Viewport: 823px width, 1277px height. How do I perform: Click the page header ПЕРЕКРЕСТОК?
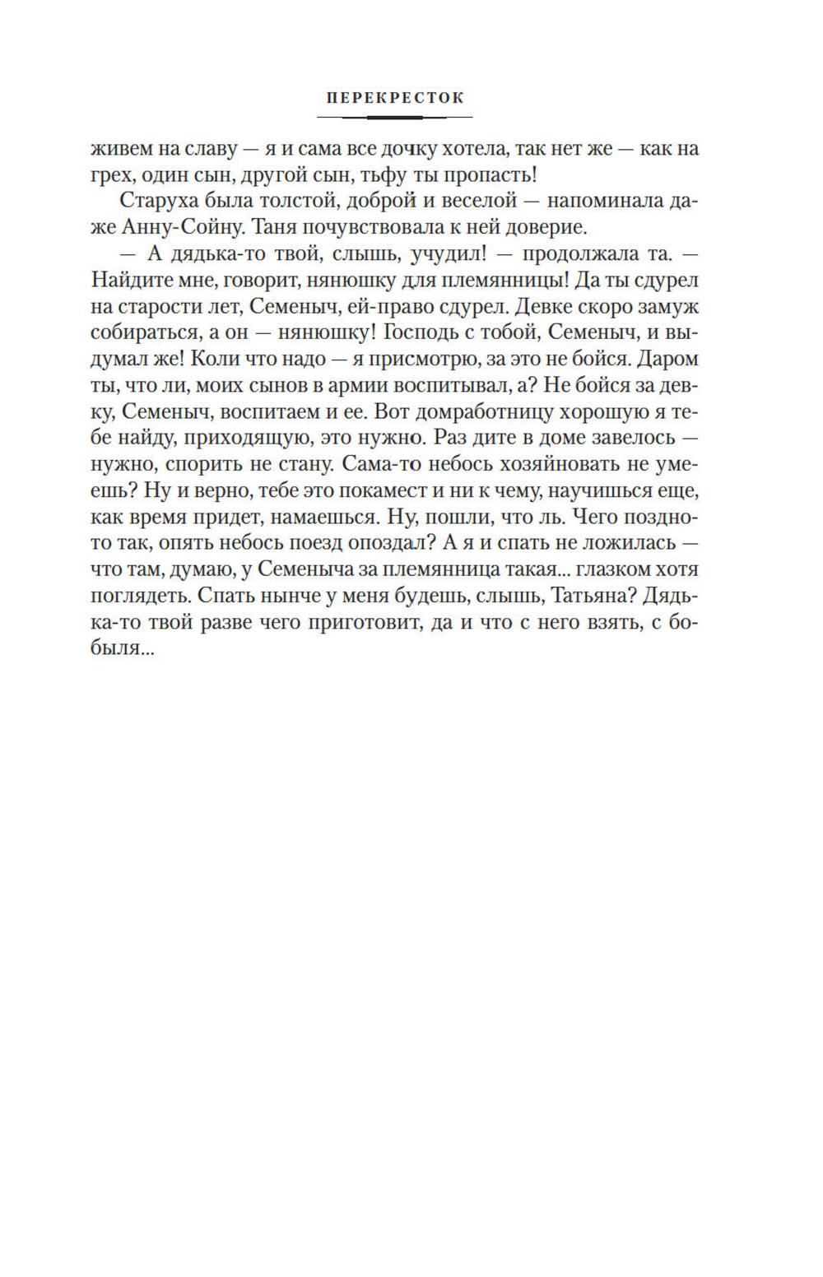395,97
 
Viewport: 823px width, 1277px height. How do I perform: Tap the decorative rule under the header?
395,117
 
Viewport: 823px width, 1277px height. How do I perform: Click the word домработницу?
449,411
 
